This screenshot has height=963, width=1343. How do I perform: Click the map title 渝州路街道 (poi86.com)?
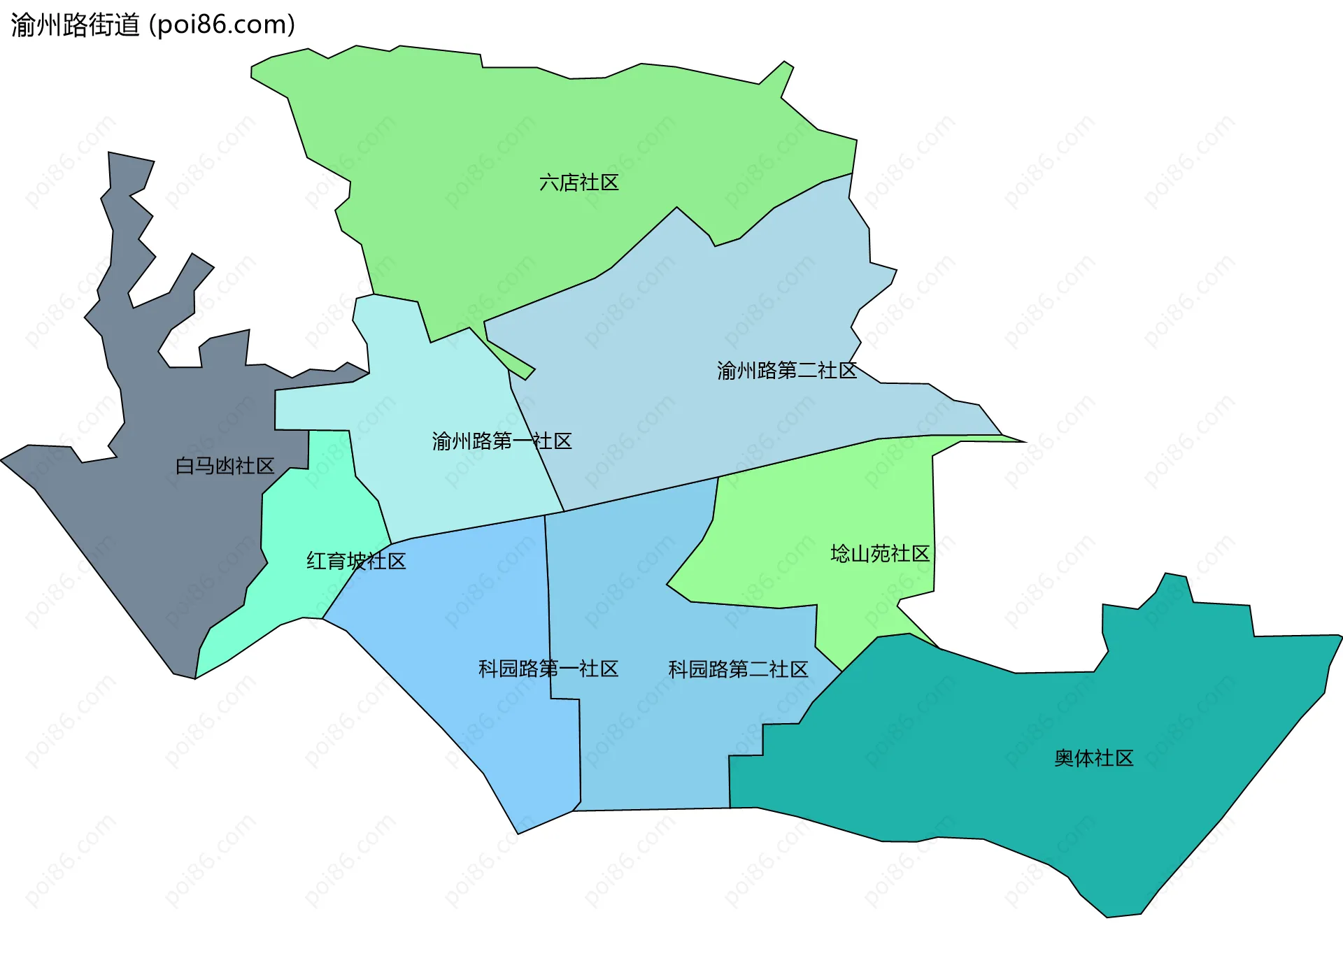click(152, 25)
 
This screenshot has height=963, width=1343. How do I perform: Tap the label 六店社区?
click(578, 183)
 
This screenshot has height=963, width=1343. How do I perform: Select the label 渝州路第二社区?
click(786, 370)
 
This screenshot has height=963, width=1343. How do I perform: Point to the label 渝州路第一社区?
click(502, 441)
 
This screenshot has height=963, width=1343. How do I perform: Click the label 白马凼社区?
click(225, 466)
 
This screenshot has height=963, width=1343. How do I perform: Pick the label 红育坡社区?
click(356, 561)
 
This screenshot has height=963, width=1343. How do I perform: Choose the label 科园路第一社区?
click(548, 669)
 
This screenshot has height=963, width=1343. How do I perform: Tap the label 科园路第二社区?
click(738, 669)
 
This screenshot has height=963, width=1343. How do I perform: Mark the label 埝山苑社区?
click(879, 554)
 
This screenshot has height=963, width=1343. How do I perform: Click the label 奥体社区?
click(1093, 758)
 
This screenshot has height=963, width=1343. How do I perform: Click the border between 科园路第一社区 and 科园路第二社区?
click(548, 608)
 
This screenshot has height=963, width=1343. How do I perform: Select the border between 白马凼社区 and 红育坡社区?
click(263, 532)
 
